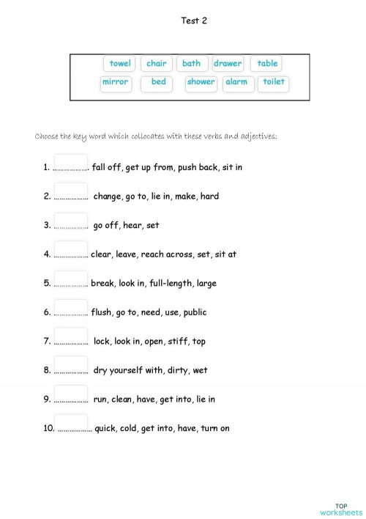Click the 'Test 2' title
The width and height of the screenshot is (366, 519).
pyautogui.click(x=194, y=21)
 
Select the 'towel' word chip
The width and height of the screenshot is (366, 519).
pyautogui.click(x=120, y=64)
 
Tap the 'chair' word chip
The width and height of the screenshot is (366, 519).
pyautogui.click(x=157, y=64)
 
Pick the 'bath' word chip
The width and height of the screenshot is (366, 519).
pyautogui.click(x=192, y=64)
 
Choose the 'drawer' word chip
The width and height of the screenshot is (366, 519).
pyautogui.click(x=228, y=64)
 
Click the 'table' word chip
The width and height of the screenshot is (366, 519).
pyautogui.click(x=267, y=64)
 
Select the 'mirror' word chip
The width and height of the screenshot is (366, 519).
pyautogui.click(x=116, y=82)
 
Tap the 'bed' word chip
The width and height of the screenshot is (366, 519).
pyautogui.click(x=159, y=82)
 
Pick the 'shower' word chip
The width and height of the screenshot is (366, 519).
pyautogui.click(x=201, y=82)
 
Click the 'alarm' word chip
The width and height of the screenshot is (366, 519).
pyautogui.click(x=236, y=82)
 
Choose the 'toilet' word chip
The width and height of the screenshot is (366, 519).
pyautogui.click(x=274, y=82)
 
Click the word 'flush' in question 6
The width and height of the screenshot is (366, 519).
pyautogui.click(x=102, y=312)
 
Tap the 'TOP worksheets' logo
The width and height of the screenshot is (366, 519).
pyautogui.click(x=340, y=509)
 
